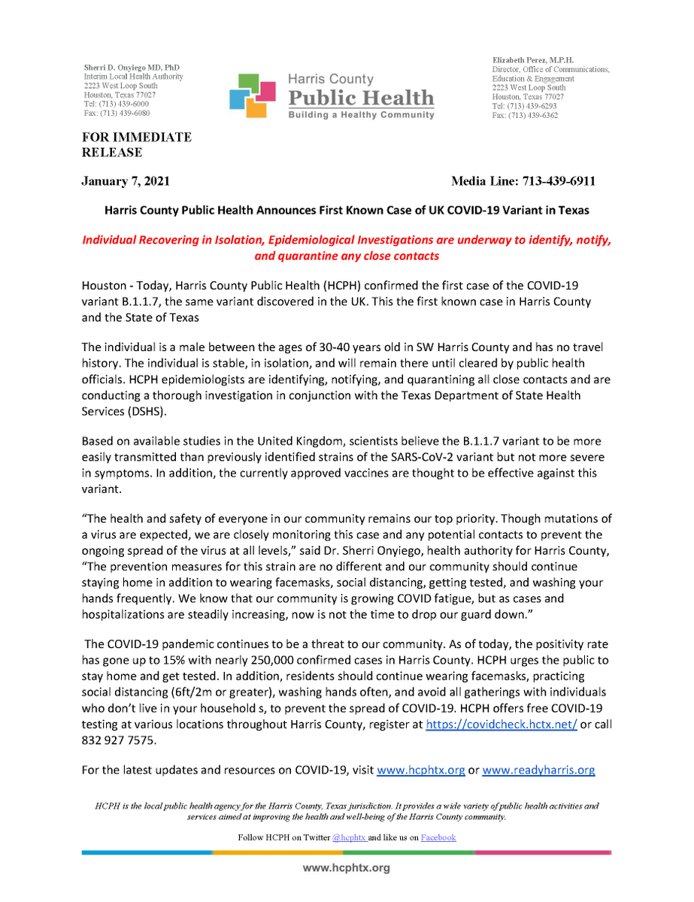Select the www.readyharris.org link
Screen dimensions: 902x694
tap(538, 770)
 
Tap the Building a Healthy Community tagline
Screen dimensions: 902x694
tap(362, 115)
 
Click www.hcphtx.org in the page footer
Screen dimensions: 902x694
tap(346, 868)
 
